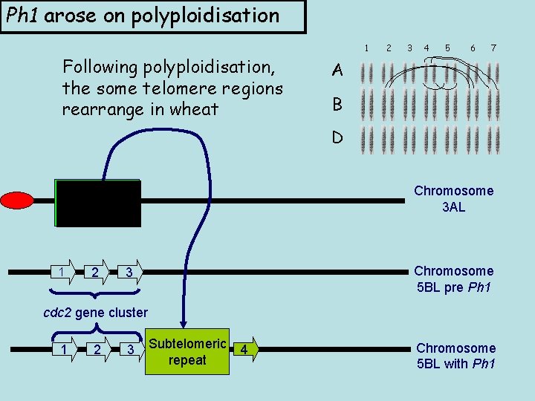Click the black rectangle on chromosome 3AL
click(x=97, y=203)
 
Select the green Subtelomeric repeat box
click(x=187, y=351)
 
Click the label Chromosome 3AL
click(x=453, y=199)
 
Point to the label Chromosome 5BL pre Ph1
click(x=453, y=279)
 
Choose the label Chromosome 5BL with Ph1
click(x=455, y=356)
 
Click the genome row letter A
click(x=337, y=71)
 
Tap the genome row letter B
click(x=337, y=105)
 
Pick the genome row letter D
click(x=337, y=138)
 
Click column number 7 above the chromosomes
click(x=493, y=48)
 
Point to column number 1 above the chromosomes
click(x=366, y=48)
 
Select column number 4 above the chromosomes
click(x=426, y=48)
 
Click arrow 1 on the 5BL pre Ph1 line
click(x=62, y=272)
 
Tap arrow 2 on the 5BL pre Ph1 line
click(x=95, y=272)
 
